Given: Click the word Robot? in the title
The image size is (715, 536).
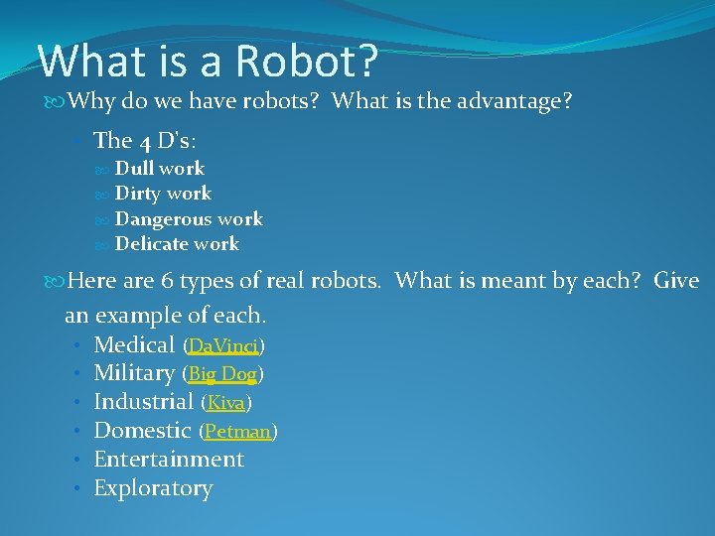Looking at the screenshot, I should (x=308, y=61).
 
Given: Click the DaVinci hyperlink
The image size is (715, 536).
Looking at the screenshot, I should (x=223, y=346).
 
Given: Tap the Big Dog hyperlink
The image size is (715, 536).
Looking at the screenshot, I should (x=222, y=374).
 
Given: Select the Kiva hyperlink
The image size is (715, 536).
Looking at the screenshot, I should (x=226, y=403).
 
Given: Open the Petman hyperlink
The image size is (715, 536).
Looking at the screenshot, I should (x=238, y=432).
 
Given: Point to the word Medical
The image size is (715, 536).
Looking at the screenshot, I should (x=134, y=345).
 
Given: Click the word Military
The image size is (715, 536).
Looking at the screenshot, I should (x=134, y=373).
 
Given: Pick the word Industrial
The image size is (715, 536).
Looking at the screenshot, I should (x=143, y=402).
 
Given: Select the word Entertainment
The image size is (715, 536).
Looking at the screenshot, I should (x=169, y=460).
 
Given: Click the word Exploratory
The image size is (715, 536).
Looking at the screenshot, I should (x=153, y=488).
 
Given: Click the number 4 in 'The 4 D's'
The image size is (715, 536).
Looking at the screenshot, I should (x=145, y=141).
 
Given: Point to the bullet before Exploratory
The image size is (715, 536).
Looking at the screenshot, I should (x=76, y=488).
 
